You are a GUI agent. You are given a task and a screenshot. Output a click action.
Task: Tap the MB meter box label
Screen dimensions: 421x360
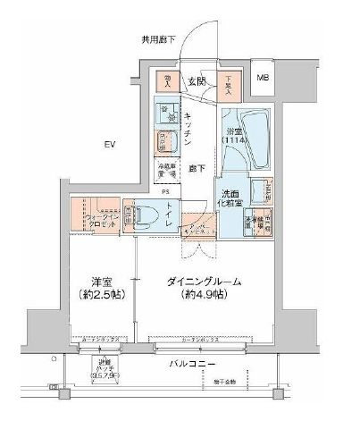pos(263,79)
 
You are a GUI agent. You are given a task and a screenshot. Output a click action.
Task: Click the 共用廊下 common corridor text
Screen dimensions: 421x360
pos(158,40)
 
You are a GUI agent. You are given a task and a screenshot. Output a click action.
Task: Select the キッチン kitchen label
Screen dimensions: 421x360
pos(193,128)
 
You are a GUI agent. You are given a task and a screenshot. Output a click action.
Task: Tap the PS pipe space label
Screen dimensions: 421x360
pos(165,191)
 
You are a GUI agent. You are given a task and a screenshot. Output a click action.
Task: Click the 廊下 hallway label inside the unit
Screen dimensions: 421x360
pos(197,168)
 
